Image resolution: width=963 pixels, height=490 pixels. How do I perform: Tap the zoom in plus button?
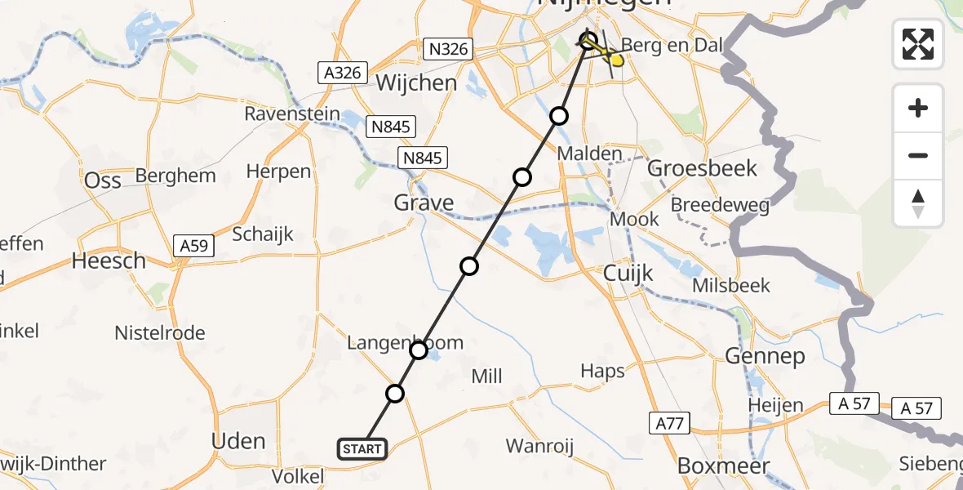(918, 108)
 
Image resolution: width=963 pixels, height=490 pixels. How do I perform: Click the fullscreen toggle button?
(918, 44)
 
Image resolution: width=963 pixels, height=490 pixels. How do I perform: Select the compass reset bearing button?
(918, 203)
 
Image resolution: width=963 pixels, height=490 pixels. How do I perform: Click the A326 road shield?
(342, 73)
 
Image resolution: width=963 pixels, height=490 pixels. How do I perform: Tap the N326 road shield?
(448, 49)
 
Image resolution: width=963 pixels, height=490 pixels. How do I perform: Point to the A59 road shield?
(193, 244)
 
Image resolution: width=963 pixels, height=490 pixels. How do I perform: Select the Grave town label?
(424, 202)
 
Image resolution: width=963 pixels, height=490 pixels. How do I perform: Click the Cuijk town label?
(628, 273)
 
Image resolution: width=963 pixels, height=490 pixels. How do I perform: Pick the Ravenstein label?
(292, 114)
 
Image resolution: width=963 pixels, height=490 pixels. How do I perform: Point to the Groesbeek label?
(702, 169)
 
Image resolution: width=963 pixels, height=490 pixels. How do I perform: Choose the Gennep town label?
(765, 356)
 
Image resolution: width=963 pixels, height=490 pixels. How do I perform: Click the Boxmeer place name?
(724, 465)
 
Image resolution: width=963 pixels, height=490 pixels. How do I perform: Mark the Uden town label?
(238, 441)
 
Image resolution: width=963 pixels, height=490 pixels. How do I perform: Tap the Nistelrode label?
(160, 333)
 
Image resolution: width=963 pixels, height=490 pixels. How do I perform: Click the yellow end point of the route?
(619, 58)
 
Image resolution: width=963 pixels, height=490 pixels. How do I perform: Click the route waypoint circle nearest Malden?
(559, 116)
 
